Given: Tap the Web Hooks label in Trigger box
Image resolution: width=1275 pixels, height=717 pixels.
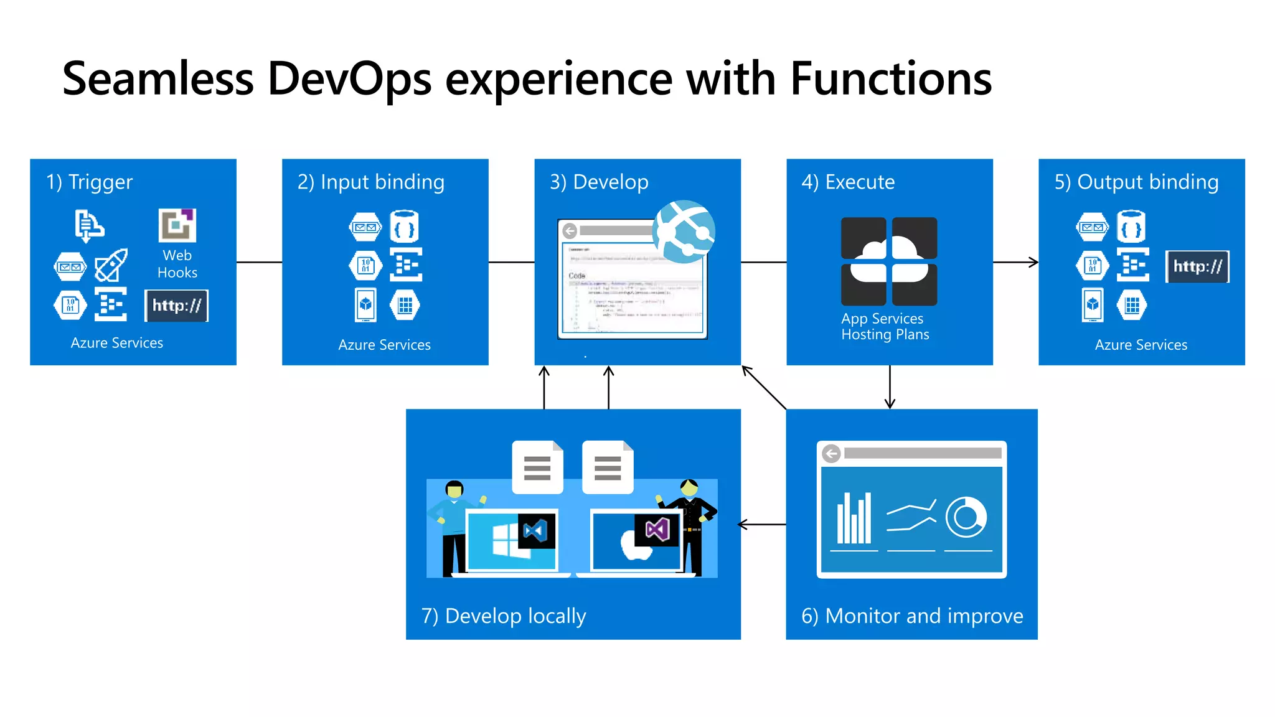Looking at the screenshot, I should coord(177,264).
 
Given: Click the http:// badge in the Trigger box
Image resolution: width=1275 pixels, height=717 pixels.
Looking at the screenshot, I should coord(177,306).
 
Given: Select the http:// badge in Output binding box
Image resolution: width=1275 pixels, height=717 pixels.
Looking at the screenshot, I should coord(1197,267).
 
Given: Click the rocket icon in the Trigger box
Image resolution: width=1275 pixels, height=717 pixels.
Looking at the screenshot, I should coord(111,265).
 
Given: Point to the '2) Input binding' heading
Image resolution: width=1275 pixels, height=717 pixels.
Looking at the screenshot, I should coord(370,182).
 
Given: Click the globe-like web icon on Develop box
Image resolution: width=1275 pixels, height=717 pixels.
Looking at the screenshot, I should coord(684,232).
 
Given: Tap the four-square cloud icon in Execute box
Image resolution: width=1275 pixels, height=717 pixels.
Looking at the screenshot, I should coord(889,261).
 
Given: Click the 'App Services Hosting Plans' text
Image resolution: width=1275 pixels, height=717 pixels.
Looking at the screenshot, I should coord(885,327).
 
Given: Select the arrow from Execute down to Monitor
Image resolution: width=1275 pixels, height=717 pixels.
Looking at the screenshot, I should coord(890,387).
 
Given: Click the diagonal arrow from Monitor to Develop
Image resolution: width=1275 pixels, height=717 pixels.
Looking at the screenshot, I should coord(764,387).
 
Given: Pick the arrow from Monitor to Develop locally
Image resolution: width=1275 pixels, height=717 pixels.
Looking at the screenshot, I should coord(763,525).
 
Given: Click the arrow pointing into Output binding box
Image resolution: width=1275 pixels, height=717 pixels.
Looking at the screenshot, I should coord(1017,262).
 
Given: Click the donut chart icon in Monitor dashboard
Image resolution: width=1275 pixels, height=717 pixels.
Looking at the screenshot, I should coord(966,517).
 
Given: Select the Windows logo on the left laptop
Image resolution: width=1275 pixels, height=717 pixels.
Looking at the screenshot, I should coord(507,540).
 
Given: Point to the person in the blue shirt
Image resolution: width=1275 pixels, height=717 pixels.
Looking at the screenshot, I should coord(453,526).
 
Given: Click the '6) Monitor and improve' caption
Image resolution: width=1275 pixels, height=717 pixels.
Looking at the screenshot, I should coord(912,616).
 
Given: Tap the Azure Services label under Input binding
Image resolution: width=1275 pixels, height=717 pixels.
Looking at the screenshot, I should coord(384,345).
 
